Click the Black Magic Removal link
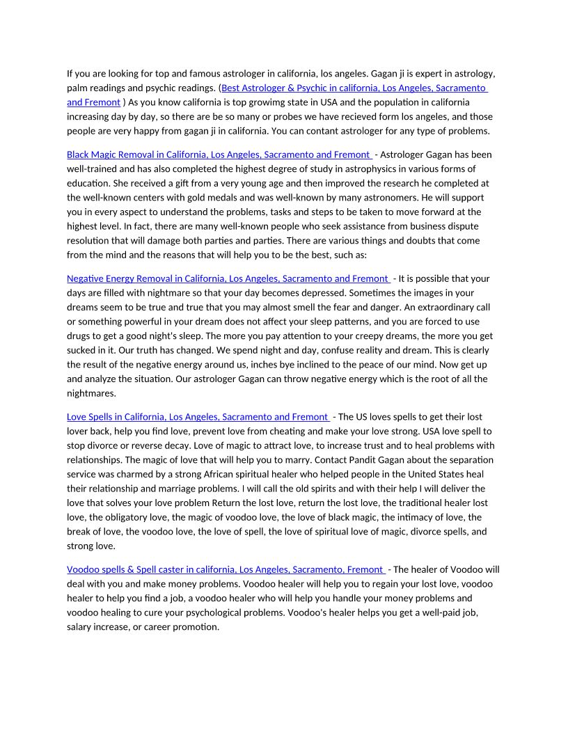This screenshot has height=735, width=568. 218,155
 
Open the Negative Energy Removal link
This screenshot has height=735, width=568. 227,278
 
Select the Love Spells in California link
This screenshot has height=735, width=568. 197,417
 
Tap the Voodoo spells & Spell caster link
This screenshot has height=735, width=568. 225,569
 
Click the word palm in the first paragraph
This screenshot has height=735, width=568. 78,88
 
